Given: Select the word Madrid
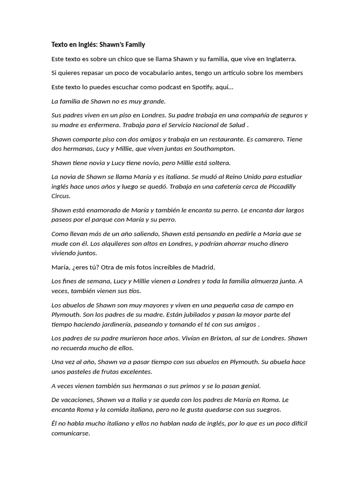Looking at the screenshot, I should coord(203,267).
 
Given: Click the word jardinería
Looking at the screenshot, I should coord(124,324).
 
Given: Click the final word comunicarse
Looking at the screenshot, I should coord(70,434).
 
